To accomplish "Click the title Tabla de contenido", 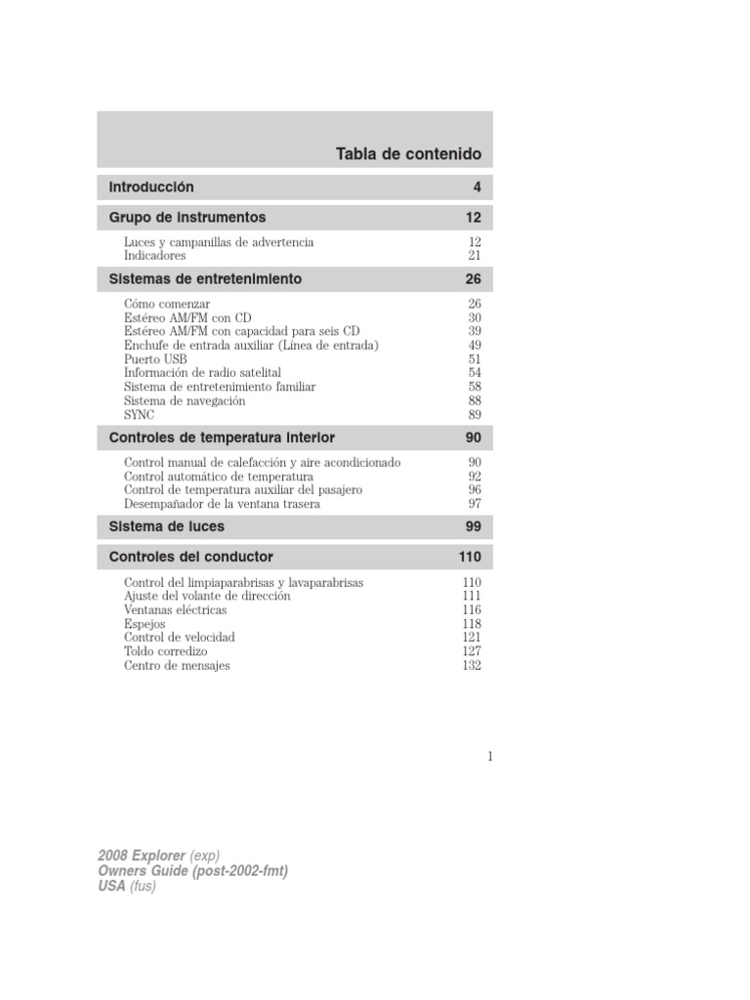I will pyautogui.click(x=408, y=154).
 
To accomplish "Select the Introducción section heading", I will pyautogui.click(x=151, y=187).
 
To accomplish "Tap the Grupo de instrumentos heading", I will pyautogui.click(x=187, y=217).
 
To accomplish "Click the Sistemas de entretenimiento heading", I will pyautogui.click(x=205, y=279).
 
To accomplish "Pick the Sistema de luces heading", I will pyautogui.click(x=167, y=526).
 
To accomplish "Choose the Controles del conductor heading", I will pyautogui.click(x=191, y=557).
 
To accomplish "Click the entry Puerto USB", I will pyautogui.click(x=155, y=359).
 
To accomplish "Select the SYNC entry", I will pyautogui.click(x=140, y=414).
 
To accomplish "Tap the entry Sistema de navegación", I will pyautogui.click(x=185, y=400).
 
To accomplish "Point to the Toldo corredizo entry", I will pyautogui.click(x=165, y=650).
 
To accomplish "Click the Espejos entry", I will pyautogui.click(x=145, y=623).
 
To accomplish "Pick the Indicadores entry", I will pyautogui.click(x=154, y=255).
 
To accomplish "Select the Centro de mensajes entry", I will pyautogui.click(x=177, y=665).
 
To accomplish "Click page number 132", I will pyautogui.click(x=472, y=665).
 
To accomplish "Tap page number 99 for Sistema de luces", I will pyautogui.click(x=474, y=526).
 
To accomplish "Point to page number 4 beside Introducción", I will pyautogui.click(x=478, y=187).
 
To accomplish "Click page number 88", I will pyautogui.click(x=475, y=400).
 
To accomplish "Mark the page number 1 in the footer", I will pyautogui.click(x=489, y=755).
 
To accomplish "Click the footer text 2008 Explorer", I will pyautogui.click(x=142, y=855).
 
